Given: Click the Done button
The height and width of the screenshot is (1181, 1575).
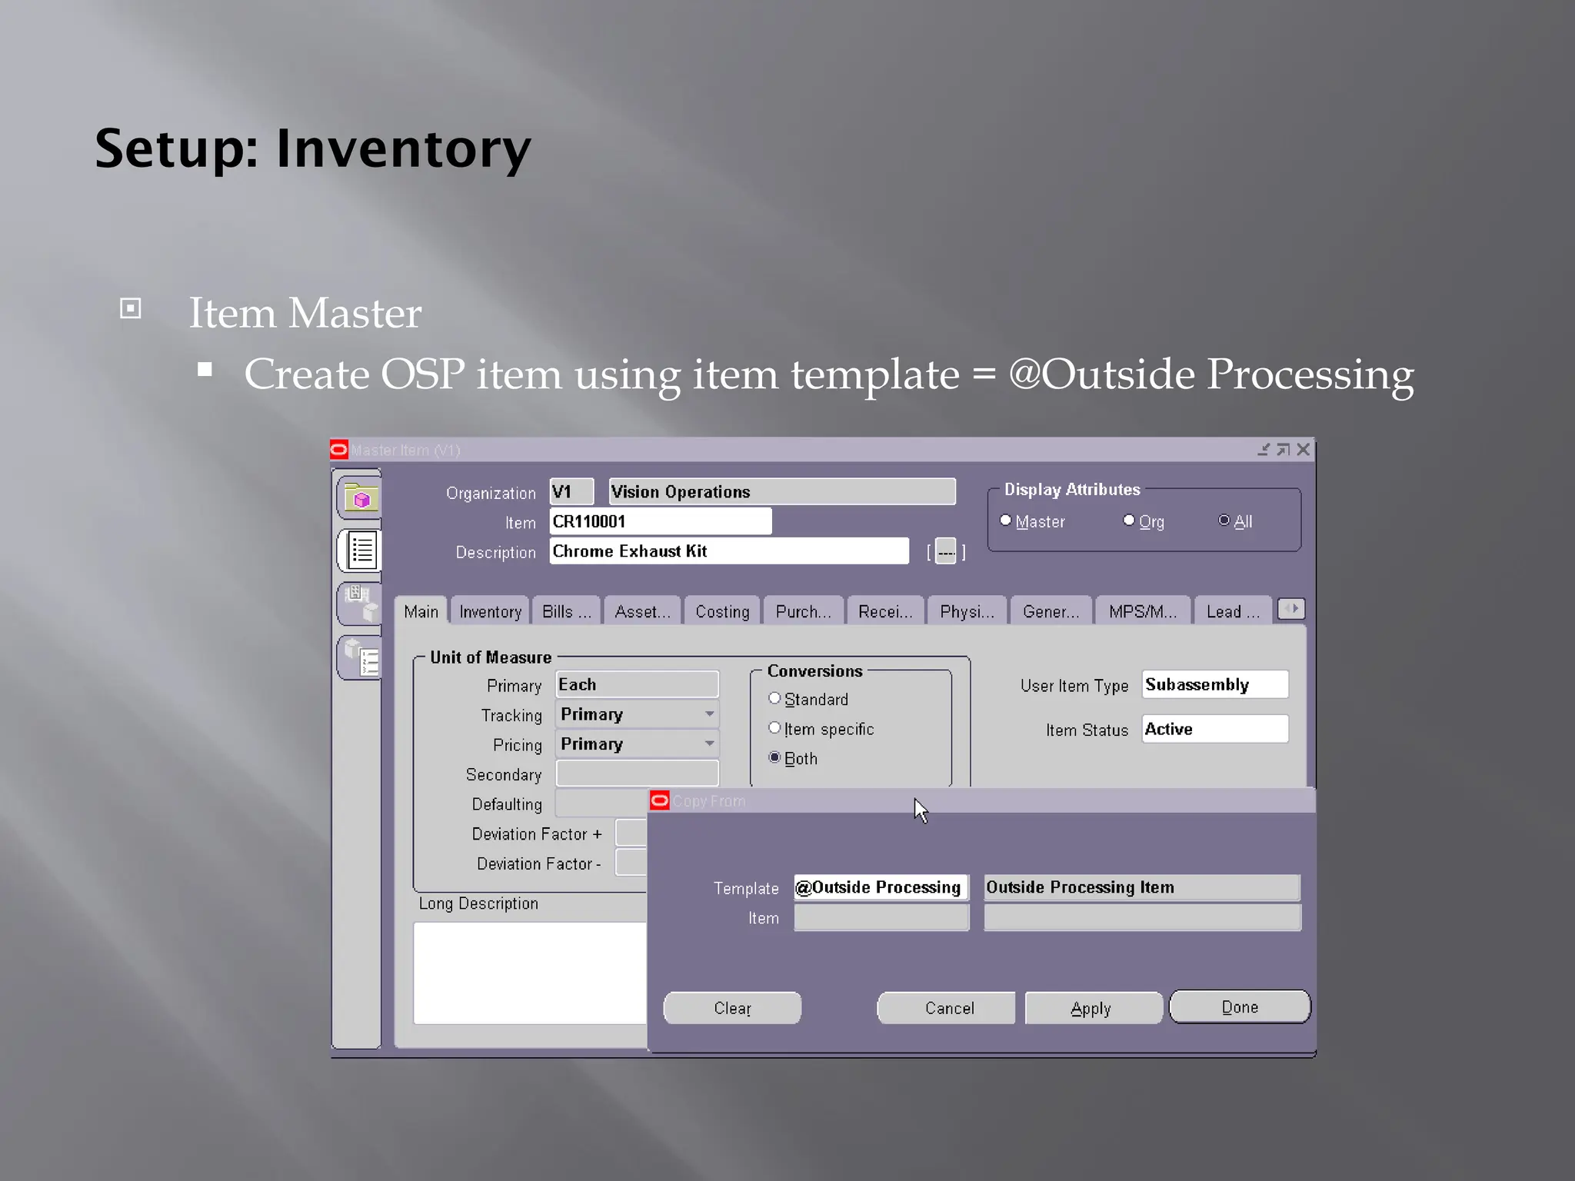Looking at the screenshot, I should (1239, 1007).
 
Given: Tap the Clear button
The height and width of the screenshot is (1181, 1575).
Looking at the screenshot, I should (732, 1008).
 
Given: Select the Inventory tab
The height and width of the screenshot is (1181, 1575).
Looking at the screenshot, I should (490, 611).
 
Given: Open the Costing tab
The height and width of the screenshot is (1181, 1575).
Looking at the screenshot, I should (722, 611).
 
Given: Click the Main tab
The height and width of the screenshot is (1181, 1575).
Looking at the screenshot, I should (421, 611).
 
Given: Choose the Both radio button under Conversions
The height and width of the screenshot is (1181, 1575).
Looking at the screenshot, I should (774, 758).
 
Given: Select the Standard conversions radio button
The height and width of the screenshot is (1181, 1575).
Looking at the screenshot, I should (774, 699).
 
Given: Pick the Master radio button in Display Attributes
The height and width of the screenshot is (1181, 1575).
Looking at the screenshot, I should (1006, 521).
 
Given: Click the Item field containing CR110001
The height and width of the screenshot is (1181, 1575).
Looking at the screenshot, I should (660, 521).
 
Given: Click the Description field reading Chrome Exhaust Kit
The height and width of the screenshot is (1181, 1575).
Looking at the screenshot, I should (728, 551).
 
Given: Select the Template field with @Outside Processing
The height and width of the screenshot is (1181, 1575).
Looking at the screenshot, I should (881, 887).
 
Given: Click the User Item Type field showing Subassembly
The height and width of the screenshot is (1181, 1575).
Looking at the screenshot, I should (1214, 684).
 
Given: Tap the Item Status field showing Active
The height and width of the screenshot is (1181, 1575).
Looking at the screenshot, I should (1214, 729).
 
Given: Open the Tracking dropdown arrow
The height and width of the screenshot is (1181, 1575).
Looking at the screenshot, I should (709, 714).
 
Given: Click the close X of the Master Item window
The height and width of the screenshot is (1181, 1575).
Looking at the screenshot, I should (1303, 450).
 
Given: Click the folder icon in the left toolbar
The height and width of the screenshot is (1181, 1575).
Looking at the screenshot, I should (360, 498).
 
